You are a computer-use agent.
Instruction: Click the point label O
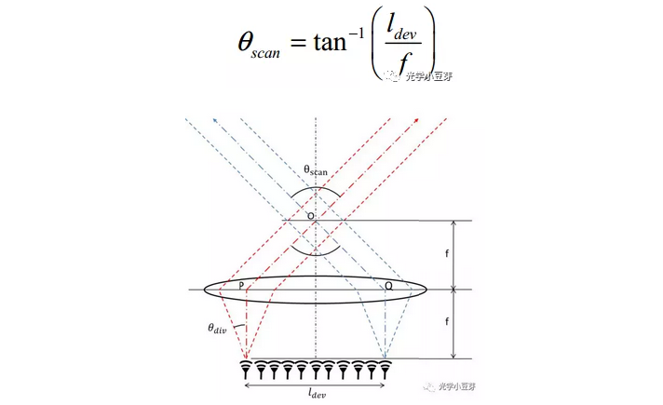click(x=311, y=216)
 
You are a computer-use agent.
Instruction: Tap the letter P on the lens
click(x=241, y=285)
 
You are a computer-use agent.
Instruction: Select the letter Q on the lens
click(x=388, y=286)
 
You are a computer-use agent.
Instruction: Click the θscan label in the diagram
click(x=316, y=170)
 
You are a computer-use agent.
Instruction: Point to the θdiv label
click(x=217, y=329)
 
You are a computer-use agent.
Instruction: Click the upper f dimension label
click(x=447, y=253)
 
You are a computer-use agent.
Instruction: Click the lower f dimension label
click(x=447, y=321)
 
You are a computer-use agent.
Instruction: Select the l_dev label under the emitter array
click(x=317, y=393)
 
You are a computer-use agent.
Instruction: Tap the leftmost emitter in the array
click(x=246, y=369)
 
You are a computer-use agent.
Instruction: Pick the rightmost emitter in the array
click(x=385, y=369)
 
